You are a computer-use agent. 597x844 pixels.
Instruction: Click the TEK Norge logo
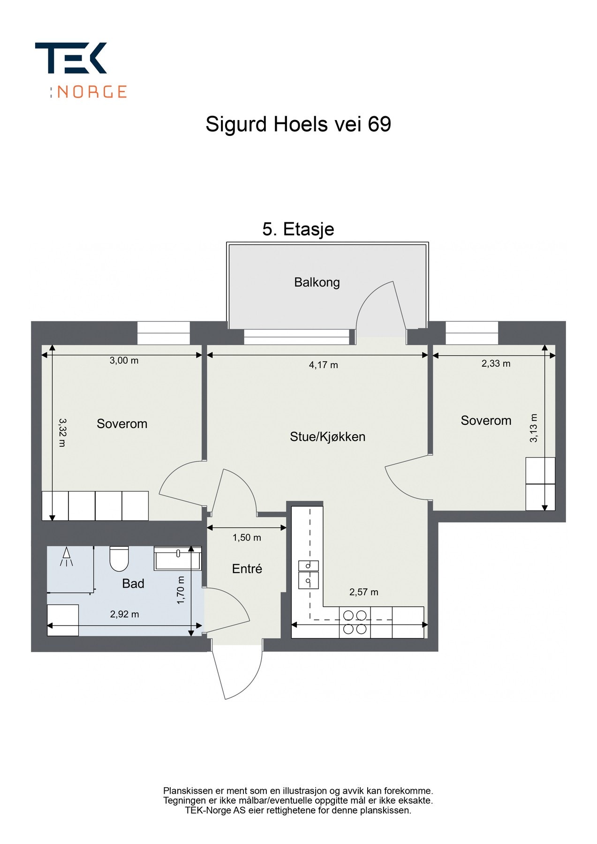(x=80, y=69)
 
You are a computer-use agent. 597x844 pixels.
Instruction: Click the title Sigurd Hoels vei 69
(x=298, y=124)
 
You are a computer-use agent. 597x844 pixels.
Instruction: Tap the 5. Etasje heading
(x=298, y=229)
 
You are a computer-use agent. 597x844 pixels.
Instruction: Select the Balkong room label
(x=317, y=282)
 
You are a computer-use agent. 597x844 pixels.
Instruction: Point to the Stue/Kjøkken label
(x=327, y=437)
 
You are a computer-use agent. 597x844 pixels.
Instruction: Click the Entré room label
(x=247, y=569)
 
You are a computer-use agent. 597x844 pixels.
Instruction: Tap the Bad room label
(x=133, y=584)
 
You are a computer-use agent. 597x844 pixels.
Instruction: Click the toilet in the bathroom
(x=119, y=558)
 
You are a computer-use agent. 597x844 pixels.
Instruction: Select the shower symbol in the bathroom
(x=67, y=557)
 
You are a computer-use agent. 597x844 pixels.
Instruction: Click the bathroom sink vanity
(x=177, y=558)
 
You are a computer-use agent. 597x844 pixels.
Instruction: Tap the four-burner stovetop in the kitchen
(x=355, y=622)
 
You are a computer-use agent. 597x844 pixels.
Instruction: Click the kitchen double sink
(x=309, y=574)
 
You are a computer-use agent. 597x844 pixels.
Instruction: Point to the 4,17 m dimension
(x=324, y=365)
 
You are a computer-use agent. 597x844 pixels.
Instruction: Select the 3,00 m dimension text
(x=124, y=361)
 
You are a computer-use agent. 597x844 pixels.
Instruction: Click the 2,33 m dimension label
(x=496, y=363)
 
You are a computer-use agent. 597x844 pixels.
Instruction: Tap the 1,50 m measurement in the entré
(x=247, y=538)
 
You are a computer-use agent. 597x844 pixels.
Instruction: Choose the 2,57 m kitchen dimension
(x=363, y=592)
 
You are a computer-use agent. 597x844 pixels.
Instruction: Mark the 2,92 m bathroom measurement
(x=124, y=614)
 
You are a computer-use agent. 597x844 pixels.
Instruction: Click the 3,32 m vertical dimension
(x=62, y=432)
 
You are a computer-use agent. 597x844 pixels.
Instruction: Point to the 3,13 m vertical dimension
(x=534, y=428)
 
